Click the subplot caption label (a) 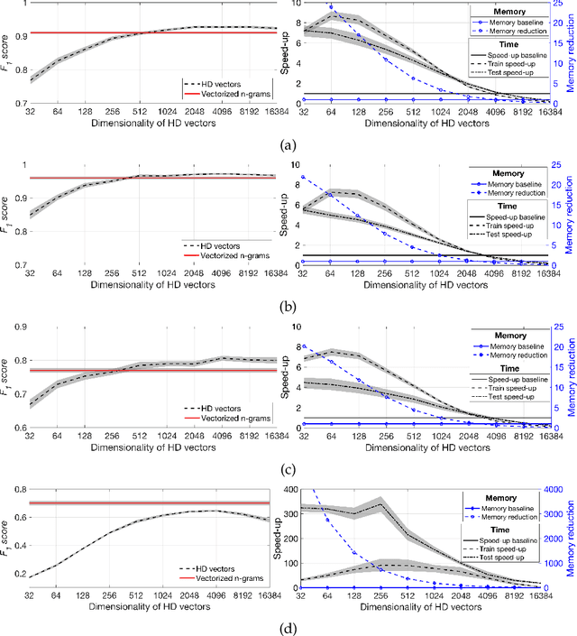coord(288,144)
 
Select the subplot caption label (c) coord(288,466)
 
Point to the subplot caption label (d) coord(288,628)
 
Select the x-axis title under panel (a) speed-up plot coord(422,124)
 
